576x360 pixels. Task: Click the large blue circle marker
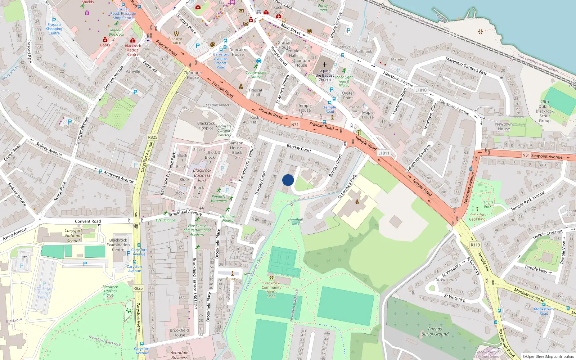click(x=288, y=180)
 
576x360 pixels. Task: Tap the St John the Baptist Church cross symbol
click(x=324, y=65)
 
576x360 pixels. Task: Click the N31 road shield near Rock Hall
click(x=295, y=125)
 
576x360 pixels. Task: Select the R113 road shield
click(x=475, y=245)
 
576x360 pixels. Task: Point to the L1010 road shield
click(x=420, y=90)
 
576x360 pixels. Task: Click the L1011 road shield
click(x=383, y=153)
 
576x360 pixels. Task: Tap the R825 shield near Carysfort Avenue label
click(x=153, y=137)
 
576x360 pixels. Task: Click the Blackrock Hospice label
click(x=206, y=126)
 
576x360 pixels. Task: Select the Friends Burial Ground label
click(x=435, y=332)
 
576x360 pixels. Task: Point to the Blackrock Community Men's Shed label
click(x=271, y=289)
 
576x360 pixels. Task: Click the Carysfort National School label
click(x=73, y=236)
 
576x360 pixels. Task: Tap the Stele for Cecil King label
click(x=477, y=217)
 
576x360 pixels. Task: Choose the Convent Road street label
click(x=88, y=221)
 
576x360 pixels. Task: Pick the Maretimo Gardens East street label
click(x=466, y=66)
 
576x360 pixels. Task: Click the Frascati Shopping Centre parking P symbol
click(x=54, y=21)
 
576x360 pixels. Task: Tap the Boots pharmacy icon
click(x=105, y=40)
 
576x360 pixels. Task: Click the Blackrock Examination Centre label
click(x=118, y=245)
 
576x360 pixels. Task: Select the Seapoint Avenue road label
click(x=546, y=156)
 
